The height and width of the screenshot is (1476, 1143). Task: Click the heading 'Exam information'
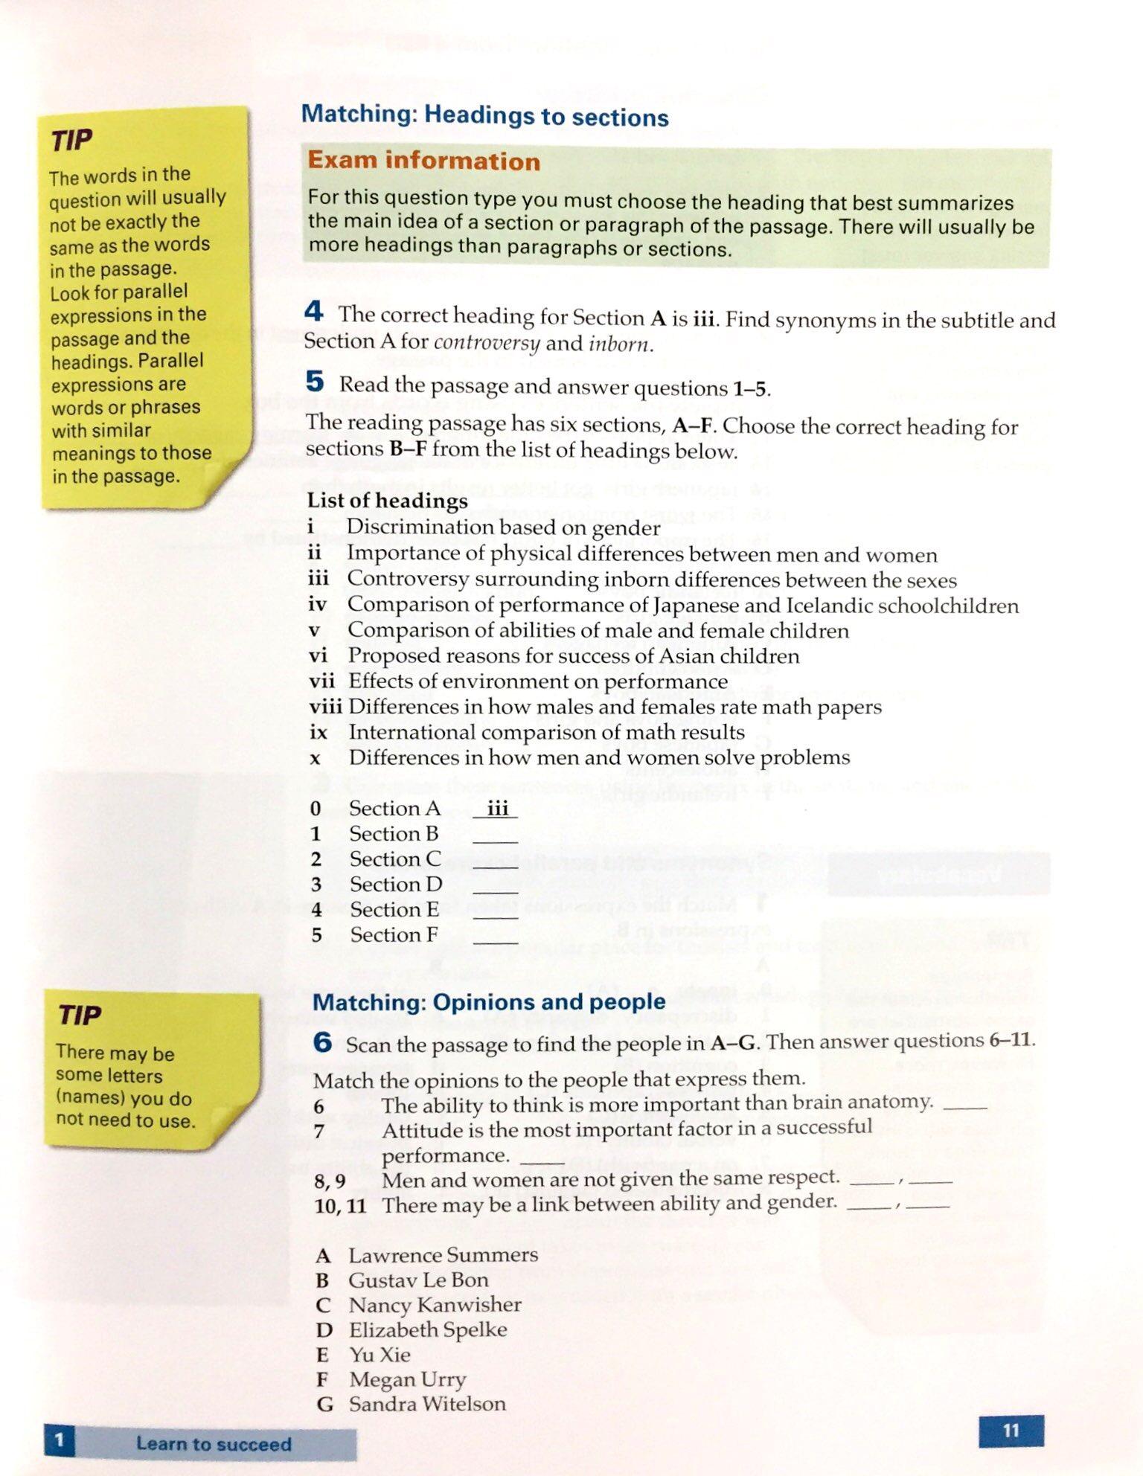point(423,161)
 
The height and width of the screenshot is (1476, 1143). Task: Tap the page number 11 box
point(1010,1431)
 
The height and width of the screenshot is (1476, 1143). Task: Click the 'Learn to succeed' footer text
point(214,1444)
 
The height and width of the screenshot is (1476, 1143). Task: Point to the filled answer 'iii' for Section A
point(496,809)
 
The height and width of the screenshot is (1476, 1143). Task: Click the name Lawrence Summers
point(443,1256)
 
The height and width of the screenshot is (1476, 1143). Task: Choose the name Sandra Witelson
point(427,1404)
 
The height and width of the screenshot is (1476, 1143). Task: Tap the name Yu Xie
point(380,1354)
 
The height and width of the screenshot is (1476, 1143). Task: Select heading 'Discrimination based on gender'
point(503,527)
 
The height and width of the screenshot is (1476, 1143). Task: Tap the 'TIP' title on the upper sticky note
point(71,139)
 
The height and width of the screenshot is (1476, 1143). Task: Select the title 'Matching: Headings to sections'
point(484,116)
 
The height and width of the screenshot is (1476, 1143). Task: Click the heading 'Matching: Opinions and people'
point(489,1002)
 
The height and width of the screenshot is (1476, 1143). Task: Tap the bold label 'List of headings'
point(387,501)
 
